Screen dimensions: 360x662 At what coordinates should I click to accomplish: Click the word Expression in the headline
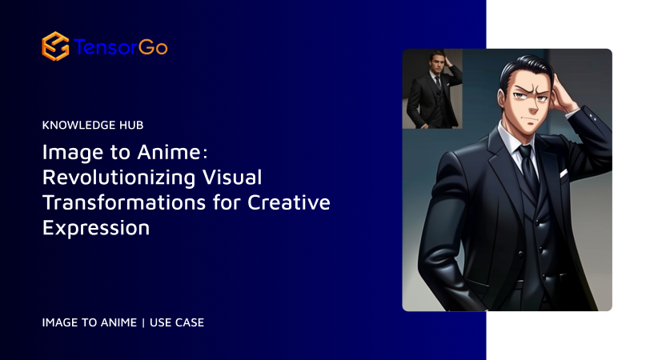[96, 228]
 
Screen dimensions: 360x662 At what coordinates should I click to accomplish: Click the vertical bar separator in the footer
[142, 322]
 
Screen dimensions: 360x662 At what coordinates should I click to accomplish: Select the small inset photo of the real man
[432, 88]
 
